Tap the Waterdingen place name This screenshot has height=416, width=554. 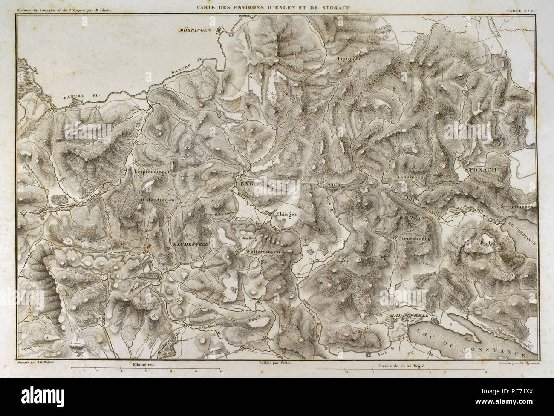pos(157,199)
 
